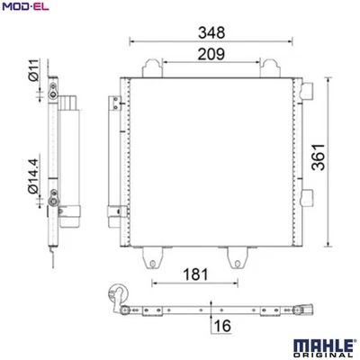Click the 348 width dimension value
(212, 31)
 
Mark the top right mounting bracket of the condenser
(267, 67)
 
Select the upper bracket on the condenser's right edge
(308, 90)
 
